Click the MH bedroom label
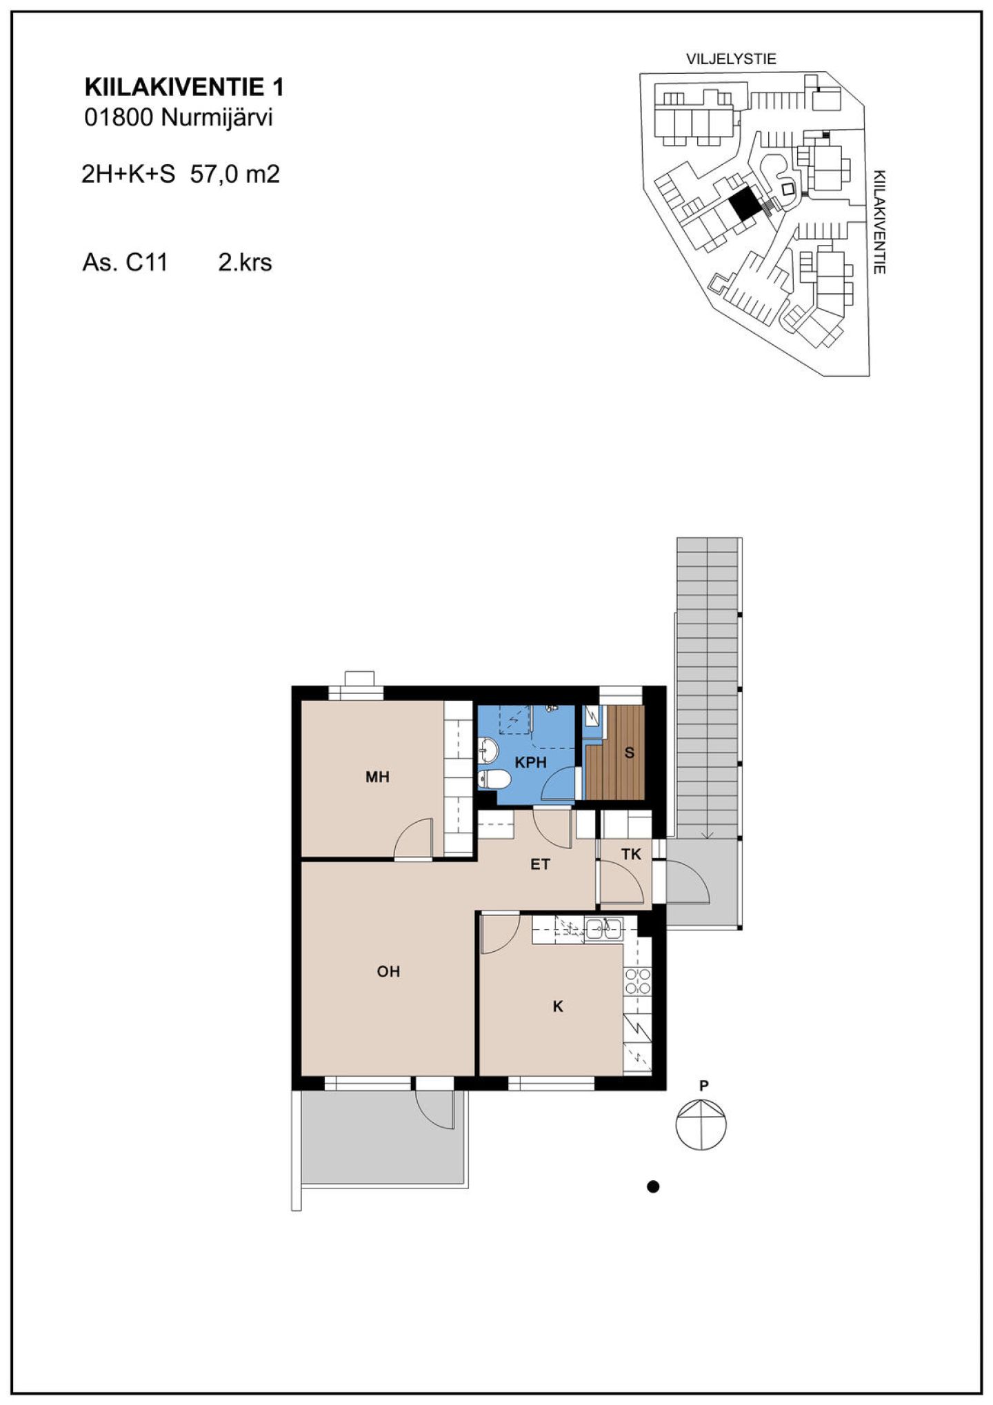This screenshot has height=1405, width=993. pos(377,777)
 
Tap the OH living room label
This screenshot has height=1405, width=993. pos(388,972)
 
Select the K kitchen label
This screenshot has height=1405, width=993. pos(558,1006)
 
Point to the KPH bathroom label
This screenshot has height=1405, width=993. pos(531,762)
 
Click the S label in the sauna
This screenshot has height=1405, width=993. pos(629,753)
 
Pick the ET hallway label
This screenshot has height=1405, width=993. pos(540,864)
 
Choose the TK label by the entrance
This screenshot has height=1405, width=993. pos(631,855)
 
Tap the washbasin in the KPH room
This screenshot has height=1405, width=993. pos(488,749)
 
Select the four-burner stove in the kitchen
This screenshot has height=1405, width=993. pos(637,981)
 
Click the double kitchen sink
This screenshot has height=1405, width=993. pos(603,929)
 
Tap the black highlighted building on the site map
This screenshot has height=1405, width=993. pos(743,205)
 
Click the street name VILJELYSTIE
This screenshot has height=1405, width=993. pos(731,59)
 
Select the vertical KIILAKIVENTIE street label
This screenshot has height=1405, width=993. pos(879,222)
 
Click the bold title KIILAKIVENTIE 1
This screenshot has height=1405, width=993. pos(184,88)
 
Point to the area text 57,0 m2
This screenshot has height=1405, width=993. pos(235,175)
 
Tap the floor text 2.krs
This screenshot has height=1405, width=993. pos(245,263)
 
